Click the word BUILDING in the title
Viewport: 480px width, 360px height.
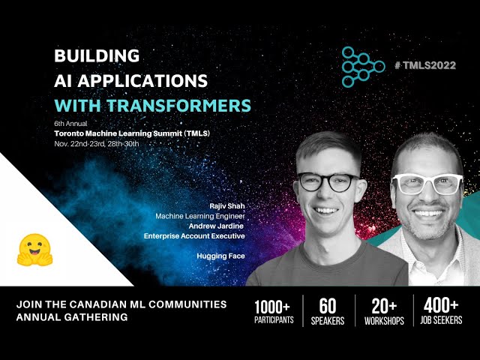click(97, 55)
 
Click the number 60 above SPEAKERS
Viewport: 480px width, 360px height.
click(327, 307)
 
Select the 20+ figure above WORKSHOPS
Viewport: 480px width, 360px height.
click(383, 307)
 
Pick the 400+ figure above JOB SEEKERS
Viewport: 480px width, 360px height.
click(440, 307)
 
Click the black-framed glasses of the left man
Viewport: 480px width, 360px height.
click(328, 181)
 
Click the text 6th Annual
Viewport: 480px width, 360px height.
click(70, 121)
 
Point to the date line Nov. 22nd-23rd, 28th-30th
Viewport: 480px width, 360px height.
click(97, 142)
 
